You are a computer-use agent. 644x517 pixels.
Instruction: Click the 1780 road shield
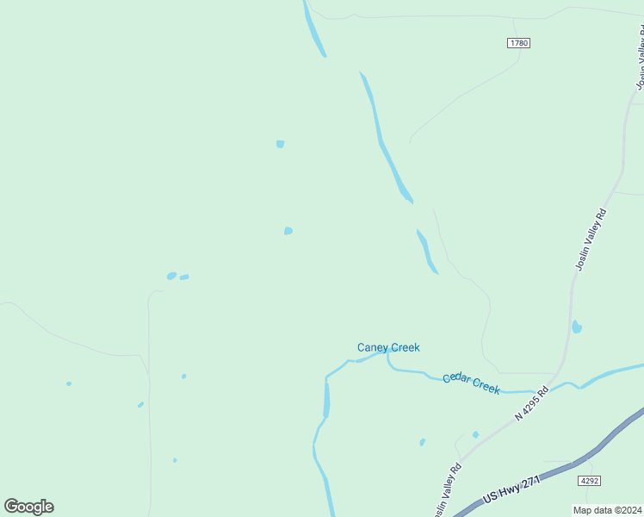(518, 42)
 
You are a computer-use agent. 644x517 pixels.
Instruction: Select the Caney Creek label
(388, 347)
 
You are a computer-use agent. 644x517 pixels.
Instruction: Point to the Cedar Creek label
(472, 383)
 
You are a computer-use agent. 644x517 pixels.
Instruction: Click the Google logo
(28, 506)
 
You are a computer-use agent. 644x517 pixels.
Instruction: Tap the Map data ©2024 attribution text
(607, 510)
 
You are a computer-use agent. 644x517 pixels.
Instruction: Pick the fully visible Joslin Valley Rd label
(591, 240)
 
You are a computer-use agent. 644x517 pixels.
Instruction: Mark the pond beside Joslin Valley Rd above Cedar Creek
(577, 327)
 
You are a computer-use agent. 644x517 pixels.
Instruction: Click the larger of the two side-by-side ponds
(171, 276)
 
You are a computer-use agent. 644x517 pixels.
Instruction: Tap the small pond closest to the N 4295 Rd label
(475, 434)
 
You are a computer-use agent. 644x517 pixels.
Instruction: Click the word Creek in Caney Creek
(404, 347)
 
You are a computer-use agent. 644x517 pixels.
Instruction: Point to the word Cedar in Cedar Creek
(457, 380)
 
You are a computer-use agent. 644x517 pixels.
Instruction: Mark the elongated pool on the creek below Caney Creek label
(326, 398)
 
